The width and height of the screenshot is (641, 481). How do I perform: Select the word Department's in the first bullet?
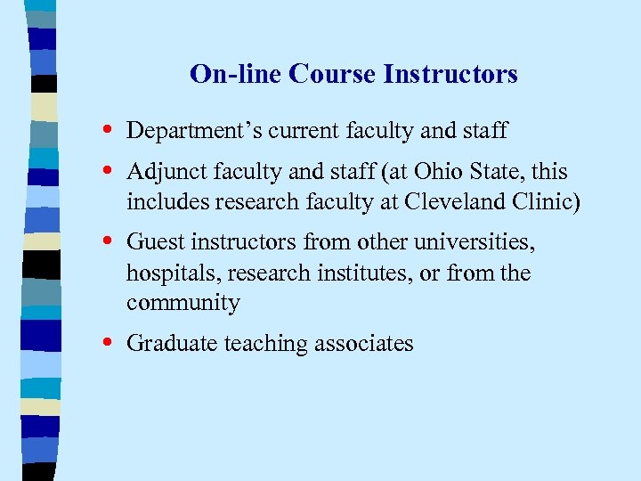pyautogui.click(x=183, y=132)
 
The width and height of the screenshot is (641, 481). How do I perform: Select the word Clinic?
pyautogui.click(x=546, y=202)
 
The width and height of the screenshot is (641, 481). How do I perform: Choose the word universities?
pyautogui.click(x=480, y=242)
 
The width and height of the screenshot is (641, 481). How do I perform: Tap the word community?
pyautogui.click(x=183, y=304)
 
